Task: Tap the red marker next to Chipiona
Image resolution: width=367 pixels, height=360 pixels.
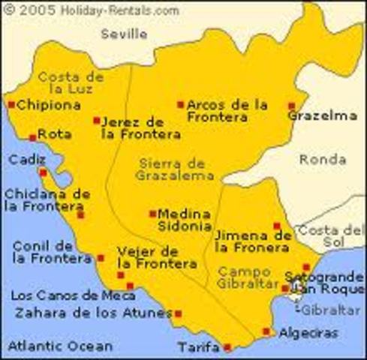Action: click(x=11, y=105)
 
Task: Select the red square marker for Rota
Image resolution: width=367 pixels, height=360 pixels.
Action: click(x=32, y=137)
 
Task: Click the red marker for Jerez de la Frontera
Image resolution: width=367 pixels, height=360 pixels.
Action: click(x=97, y=120)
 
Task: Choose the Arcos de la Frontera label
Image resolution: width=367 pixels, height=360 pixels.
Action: click(x=227, y=110)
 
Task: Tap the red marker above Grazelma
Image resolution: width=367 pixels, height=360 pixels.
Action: click(x=292, y=106)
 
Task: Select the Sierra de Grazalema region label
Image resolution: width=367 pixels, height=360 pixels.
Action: click(x=172, y=169)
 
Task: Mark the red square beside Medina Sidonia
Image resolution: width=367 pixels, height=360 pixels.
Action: click(x=152, y=213)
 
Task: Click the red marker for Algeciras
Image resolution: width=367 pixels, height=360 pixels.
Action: click(x=266, y=331)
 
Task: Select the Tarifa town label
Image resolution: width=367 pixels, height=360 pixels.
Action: click(x=200, y=347)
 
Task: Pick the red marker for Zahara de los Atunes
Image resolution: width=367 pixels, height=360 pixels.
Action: click(x=178, y=313)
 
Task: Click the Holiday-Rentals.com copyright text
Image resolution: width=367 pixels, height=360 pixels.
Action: click(x=94, y=10)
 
